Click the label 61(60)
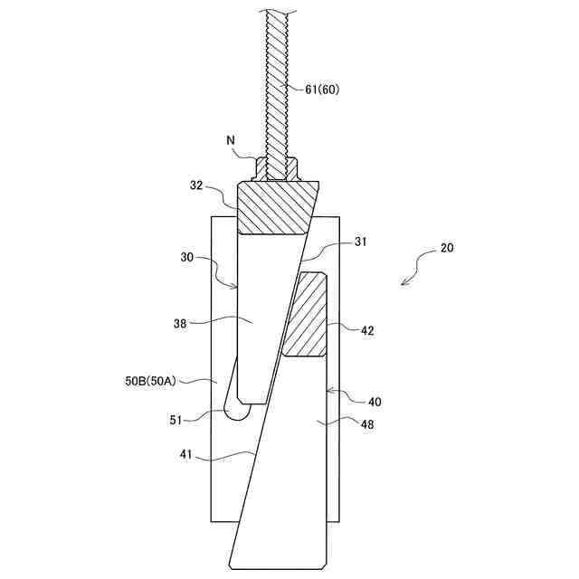point(322,89)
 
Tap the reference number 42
point(367,331)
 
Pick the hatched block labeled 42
point(308,314)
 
